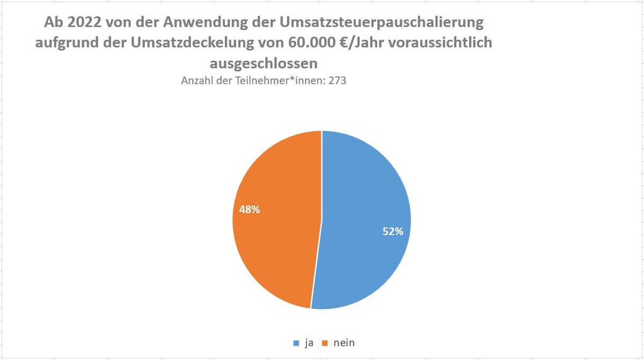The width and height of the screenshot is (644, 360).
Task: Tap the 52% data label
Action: pos(393,231)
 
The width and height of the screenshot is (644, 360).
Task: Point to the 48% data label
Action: pos(250,210)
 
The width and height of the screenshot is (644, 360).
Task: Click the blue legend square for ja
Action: pos(296,343)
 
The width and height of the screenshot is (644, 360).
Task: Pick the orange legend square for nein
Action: pos(325,343)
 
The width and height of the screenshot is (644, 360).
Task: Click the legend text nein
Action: pos(343,343)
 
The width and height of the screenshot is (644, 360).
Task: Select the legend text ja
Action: pos(309,343)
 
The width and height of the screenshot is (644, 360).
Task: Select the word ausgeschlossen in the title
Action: pos(264,63)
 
